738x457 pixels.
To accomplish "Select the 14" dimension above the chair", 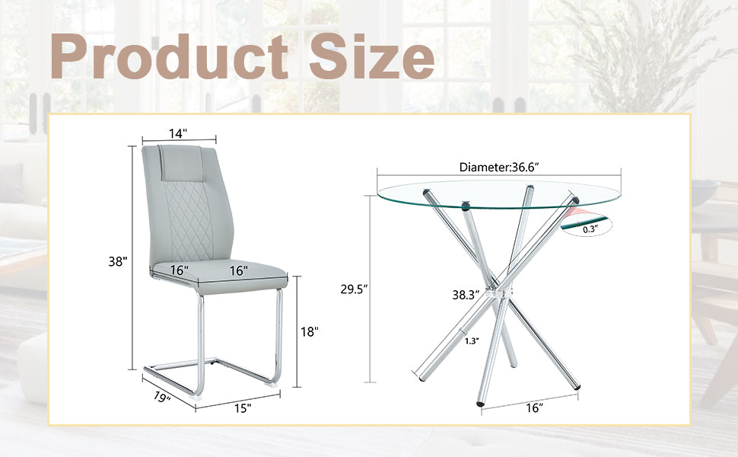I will (x=178, y=133).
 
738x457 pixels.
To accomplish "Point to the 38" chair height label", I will (x=117, y=261).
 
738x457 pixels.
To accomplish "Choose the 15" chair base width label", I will (x=243, y=408).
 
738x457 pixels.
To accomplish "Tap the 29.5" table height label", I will (x=355, y=289).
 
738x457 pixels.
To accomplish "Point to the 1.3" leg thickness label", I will (x=472, y=340).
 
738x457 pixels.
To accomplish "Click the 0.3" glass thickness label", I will (x=590, y=227).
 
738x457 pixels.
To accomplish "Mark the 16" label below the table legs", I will (x=535, y=408).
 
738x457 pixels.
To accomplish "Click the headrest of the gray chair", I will (x=179, y=160).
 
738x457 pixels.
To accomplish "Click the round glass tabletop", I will (x=487, y=194).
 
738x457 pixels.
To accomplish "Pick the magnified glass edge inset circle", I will (x=592, y=223).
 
